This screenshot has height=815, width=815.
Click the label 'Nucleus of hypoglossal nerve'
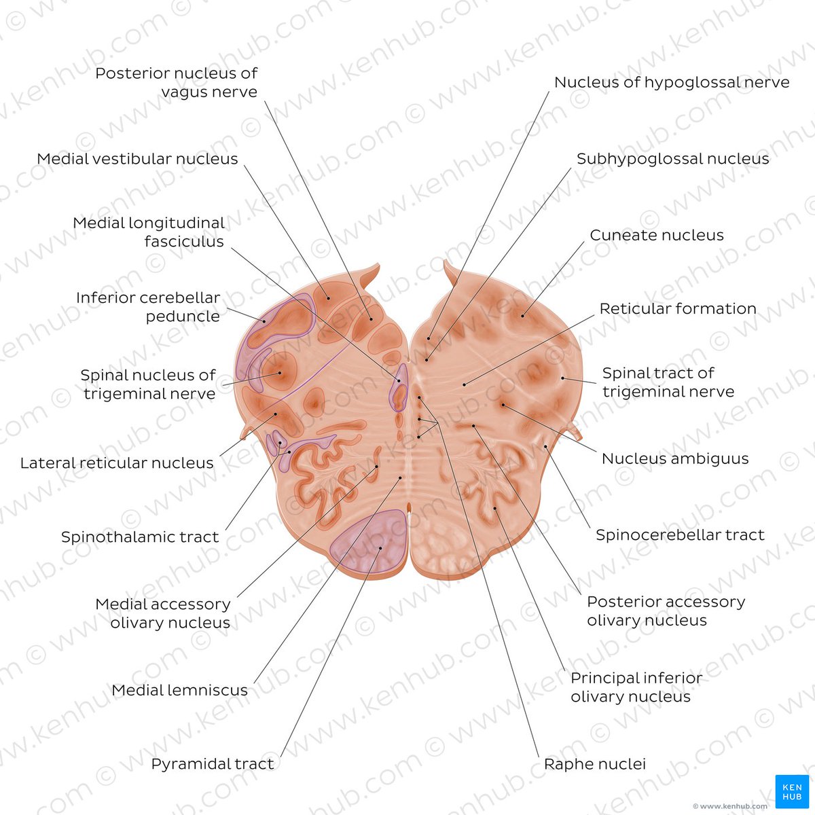pyautogui.click(x=672, y=82)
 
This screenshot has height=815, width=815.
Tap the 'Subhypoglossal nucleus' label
pyautogui.click(x=672, y=159)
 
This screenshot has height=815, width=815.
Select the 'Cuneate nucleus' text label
pyautogui.click(x=656, y=235)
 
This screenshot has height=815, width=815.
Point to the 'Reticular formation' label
pyautogui.click(x=677, y=308)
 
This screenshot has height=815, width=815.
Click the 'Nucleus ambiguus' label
pyautogui.click(x=675, y=458)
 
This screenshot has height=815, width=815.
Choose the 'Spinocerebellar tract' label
pyautogui.click(x=680, y=535)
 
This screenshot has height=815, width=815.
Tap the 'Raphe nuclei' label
pyautogui.click(x=594, y=764)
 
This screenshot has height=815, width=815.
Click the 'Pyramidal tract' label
pyautogui.click(x=213, y=764)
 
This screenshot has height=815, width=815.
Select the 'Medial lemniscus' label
pyautogui.click(x=180, y=691)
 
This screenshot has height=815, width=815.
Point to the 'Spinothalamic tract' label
pyautogui.click(x=140, y=537)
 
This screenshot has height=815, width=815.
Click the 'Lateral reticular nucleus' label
pyautogui.click(x=117, y=463)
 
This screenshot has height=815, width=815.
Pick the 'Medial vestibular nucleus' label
pyautogui.click(x=137, y=159)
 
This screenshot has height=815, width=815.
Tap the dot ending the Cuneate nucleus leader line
pyautogui.click(x=523, y=315)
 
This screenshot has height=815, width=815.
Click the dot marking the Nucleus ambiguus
pyautogui.click(x=503, y=405)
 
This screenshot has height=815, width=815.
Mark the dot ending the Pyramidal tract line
pyautogui.click(x=380, y=548)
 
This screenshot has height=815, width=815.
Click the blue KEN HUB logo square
pyautogui.click(x=791, y=791)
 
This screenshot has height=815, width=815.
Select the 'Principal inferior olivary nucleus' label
pyautogui.click(x=636, y=687)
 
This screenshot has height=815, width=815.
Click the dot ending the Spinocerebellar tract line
pyautogui.click(x=545, y=446)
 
